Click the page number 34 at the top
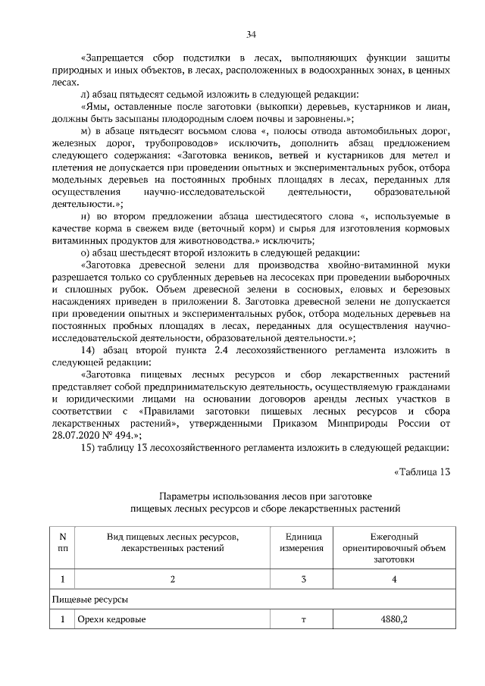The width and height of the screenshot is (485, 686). click(x=251, y=33)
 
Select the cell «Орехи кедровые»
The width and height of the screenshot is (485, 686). click(x=111, y=619)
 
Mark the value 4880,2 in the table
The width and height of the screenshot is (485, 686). click(x=394, y=619)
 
